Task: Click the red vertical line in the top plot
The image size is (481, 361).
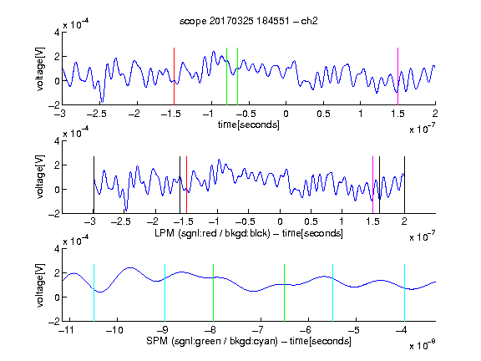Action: point(174,76)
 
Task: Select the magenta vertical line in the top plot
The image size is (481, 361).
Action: point(397,76)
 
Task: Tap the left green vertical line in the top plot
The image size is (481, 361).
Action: point(226,76)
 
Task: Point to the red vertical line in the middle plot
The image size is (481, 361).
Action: point(186,185)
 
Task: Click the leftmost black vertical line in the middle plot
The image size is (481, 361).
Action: point(94,185)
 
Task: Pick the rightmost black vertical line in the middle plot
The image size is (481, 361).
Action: point(404,185)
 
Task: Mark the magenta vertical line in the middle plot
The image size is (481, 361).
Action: point(372,185)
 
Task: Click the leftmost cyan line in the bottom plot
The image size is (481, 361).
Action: point(94,292)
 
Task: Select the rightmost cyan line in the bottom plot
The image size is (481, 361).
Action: point(404,292)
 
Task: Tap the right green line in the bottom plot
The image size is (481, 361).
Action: point(285,292)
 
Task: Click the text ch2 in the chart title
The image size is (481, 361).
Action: point(309,21)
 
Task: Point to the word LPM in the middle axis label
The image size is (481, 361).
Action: point(165,233)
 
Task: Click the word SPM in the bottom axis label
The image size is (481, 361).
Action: point(157,341)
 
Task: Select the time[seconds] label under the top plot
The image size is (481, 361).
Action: point(249,125)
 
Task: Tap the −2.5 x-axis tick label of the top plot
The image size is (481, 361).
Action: point(96,114)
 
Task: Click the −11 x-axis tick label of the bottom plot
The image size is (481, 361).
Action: point(65,330)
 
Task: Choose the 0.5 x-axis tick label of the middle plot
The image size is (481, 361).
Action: point(311,221)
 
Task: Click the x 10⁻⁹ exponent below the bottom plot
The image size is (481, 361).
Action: point(423,344)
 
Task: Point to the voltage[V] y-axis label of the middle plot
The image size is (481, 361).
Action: point(40,177)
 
